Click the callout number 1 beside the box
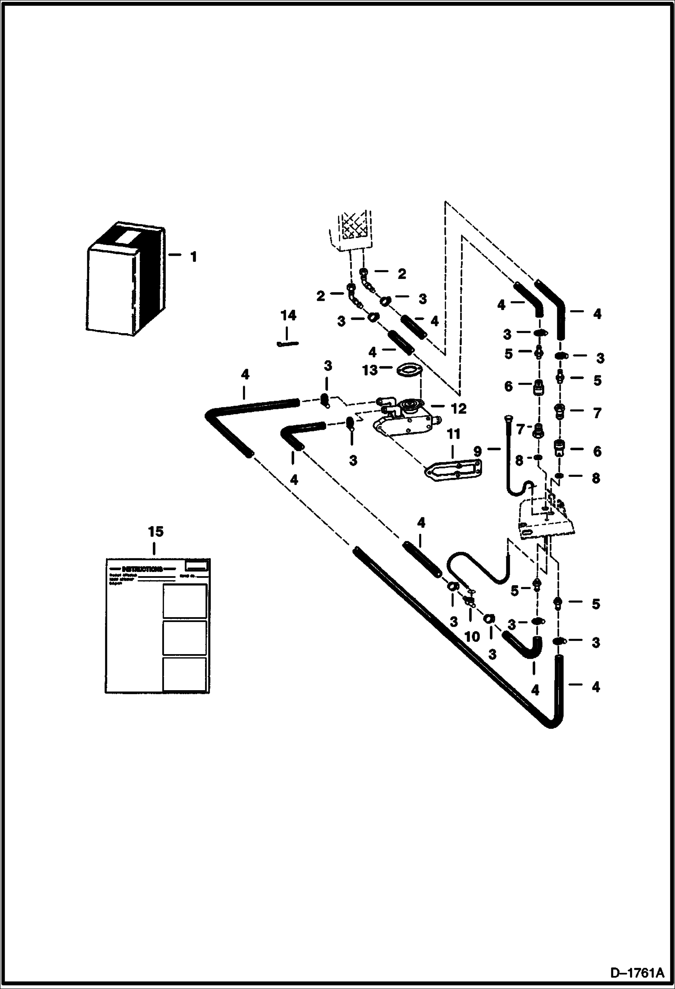(x=193, y=257)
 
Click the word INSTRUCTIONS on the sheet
(x=142, y=569)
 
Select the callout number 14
(x=288, y=316)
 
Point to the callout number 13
(x=369, y=371)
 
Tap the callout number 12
(x=458, y=409)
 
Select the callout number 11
(x=453, y=435)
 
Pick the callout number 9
(x=477, y=450)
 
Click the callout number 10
(x=472, y=636)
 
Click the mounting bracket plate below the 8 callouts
(x=547, y=519)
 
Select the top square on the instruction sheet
(x=185, y=601)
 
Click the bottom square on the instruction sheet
(x=185, y=674)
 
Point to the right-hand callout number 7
(x=597, y=413)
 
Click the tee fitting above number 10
(x=469, y=599)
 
